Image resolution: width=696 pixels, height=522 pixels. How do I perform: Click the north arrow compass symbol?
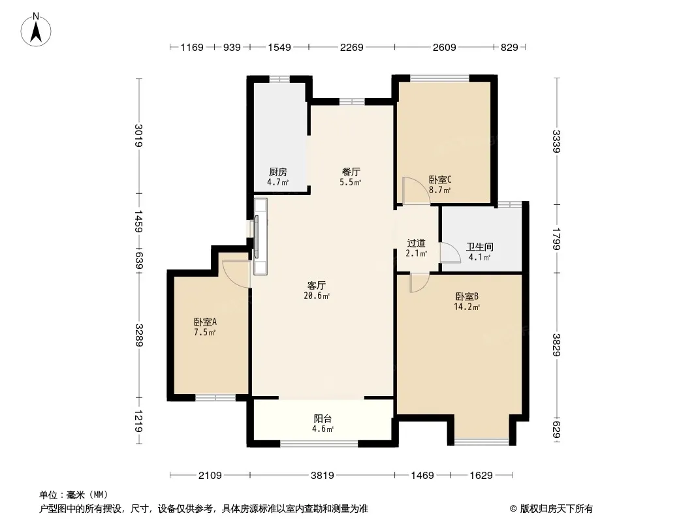pyautogui.click(x=36, y=30)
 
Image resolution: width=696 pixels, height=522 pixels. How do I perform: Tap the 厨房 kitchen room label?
pyautogui.click(x=278, y=172)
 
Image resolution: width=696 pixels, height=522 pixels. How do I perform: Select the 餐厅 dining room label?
pyautogui.click(x=351, y=172)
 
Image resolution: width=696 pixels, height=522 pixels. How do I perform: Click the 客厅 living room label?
pyautogui.click(x=317, y=285)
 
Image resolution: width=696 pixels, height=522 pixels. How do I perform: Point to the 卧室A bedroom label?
pyautogui.click(x=204, y=322)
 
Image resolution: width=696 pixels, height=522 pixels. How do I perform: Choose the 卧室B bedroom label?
pyautogui.click(x=467, y=296)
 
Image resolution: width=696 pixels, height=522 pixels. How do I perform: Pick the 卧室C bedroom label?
pyautogui.click(x=440, y=179)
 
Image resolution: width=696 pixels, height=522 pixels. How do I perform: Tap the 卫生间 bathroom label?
pyautogui.click(x=479, y=247)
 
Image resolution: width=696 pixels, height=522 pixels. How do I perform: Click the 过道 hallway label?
pyautogui.click(x=417, y=243)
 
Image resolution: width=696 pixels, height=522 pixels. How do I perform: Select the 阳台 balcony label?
pyautogui.click(x=323, y=418)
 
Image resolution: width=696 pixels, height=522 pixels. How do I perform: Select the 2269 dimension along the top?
pyautogui.click(x=351, y=47)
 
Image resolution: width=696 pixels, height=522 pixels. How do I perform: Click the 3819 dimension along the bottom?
pyautogui.click(x=323, y=476)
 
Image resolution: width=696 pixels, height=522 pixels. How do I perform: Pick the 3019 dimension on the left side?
pyautogui.click(x=139, y=135)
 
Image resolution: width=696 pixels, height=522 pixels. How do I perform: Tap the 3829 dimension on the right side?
pyautogui.click(x=557, y=345)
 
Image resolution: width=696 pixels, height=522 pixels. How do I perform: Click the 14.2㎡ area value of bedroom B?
pyautogui.click(x=467, y=307)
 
